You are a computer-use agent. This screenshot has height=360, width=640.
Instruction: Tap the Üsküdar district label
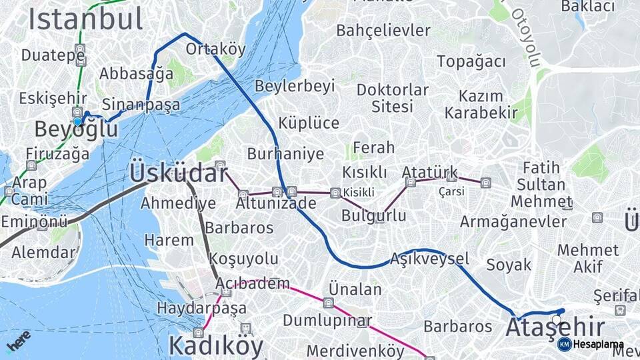click(x=178, y=173)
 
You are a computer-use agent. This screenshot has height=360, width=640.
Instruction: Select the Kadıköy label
click(x=215, y=345)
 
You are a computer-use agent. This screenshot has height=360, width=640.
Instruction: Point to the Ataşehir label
click(x=555, y=328)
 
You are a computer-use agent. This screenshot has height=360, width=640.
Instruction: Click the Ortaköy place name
click(x=215, y=49)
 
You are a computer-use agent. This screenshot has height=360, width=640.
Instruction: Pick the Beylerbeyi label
click(x=294, y=87)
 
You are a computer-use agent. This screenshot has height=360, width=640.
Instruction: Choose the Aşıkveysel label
click(x=430, y=258)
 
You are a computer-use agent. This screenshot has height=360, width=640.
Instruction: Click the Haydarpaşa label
click(x=201, y=309)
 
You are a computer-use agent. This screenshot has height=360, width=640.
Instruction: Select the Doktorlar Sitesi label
click(x=392, y=98)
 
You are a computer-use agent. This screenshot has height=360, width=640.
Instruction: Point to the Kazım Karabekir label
click(x=480, y=104)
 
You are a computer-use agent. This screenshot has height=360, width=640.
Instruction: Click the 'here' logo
click(x=18, y=341)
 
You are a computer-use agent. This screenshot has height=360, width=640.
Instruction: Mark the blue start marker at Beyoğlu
click(x=77, y=121)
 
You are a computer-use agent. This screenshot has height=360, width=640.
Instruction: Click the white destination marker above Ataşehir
click(x=557, y=320)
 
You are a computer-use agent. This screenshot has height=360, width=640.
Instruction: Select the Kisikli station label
click(x=359, y=193)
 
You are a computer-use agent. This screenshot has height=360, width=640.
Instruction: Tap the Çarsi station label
click(x=451, y=191)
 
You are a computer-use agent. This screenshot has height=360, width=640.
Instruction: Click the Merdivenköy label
click(x=355, y=351)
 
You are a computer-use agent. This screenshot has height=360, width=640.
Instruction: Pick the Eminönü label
click(x=34, y=221)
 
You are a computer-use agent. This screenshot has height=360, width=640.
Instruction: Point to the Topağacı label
click(x=471, y=61)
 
